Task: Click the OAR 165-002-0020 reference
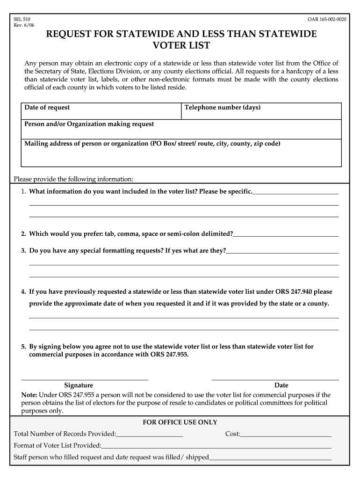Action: click(327, 19)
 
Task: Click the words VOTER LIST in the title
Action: click(182, 46)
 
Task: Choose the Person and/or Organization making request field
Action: click(181, 129)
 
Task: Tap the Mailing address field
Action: click(181, 152)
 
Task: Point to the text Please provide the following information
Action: click(74, 179)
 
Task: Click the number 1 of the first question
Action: click(23, 192)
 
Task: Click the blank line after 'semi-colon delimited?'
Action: click(286, 234)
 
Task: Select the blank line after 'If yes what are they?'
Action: click(282, 251)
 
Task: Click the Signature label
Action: click(79, 385)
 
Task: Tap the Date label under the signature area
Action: click(281, 385)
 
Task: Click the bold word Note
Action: click(29, 395)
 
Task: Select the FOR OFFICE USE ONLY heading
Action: click(180, 422)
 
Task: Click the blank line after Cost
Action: click(286, 434)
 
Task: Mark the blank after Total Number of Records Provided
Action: click(150, 434)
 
